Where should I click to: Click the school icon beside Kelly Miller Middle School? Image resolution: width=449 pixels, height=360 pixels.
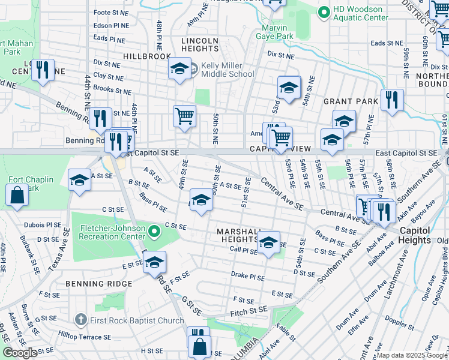tap(179, 70)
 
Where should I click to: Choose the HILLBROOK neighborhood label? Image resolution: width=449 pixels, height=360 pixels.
tap(147, 56)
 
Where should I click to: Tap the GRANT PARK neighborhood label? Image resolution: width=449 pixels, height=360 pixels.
tap(351, 101)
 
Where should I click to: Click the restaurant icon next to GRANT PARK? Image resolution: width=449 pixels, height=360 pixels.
tap(391, 100)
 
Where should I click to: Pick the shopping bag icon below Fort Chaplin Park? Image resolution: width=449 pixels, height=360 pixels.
tap(17, 195)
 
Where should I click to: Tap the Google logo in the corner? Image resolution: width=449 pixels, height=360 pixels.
tap(19, 353)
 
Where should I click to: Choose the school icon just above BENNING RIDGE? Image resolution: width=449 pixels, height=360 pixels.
tap(154, 263)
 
